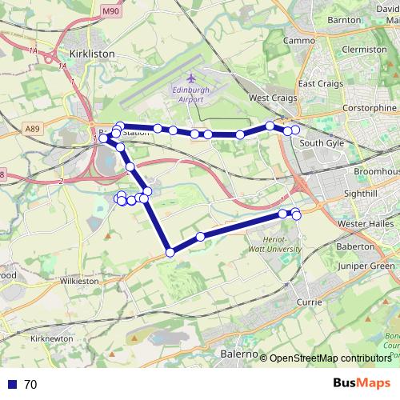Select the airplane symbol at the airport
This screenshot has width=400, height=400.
point(192,78)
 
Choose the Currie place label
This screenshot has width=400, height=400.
point(309,302)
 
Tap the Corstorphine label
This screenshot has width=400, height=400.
point(369,107)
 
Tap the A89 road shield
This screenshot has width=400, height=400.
point(54,128)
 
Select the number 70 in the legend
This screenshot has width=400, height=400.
point(30,385)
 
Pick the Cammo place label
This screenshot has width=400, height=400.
point(300,40)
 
